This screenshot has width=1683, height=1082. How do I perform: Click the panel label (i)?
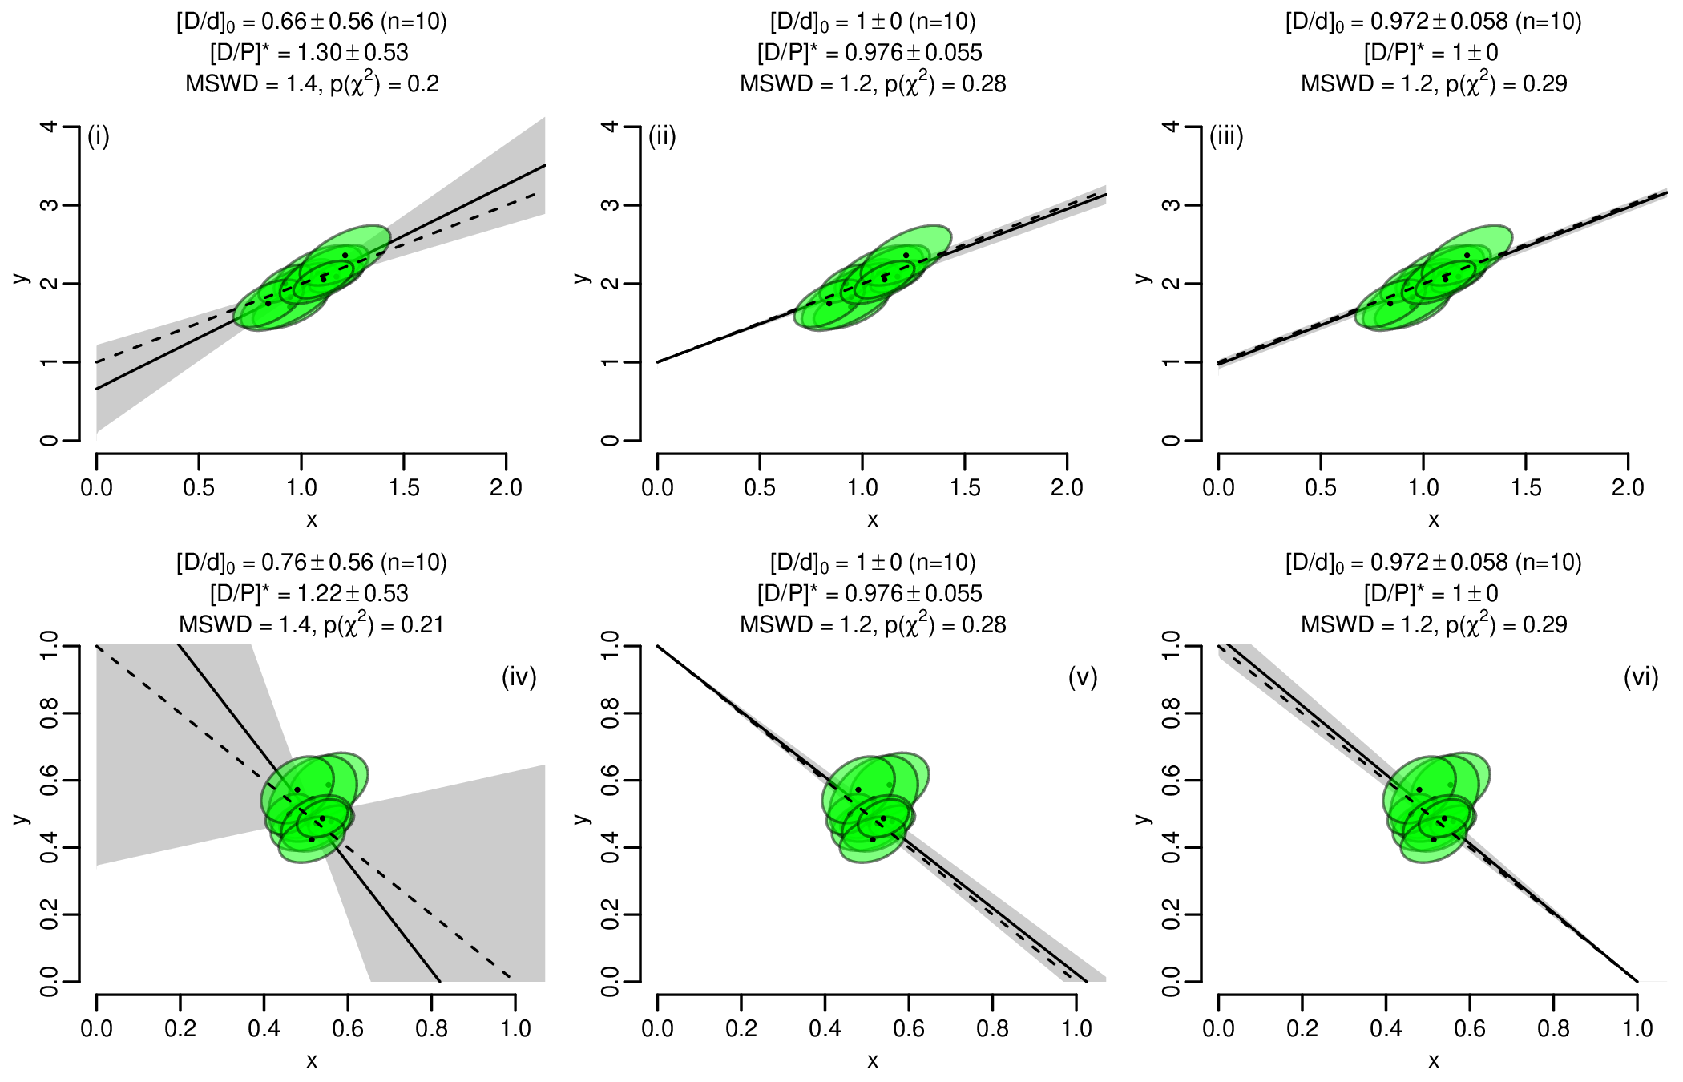pyautogui.click(x=99, y=137)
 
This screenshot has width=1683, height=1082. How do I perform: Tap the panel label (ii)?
pyautogui.click(x=662, y=137)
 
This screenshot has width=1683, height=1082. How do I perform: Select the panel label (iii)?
pyautogui.click(x=1226, y=137)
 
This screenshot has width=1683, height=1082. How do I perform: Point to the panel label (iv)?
pyautogui.click(x=519, y=678)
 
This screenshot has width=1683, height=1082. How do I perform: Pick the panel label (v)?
pyautogui.click(x=1083, y=678)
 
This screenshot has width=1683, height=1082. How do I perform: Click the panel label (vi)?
pyautogui.click(x=1641, y=678)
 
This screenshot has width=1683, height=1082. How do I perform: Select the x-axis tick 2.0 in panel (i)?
pyautogui.click(x=506, y=487)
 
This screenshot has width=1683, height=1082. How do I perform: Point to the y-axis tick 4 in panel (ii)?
pyautogui.click(x=610, y=127)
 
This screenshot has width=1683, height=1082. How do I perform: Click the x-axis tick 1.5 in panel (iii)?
pyautogui.click(x=1526, y=487)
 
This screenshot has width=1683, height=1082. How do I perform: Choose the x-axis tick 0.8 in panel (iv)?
pyautogui.click(x=431, y=1028)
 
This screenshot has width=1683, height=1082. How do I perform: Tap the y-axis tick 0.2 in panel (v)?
pyautogui.click(x=610, y=914)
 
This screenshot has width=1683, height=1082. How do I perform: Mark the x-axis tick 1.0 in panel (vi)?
pyautogui.click(x=1637, y=1028)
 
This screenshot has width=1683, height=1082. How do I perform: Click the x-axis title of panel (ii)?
pyautogui.click(x=873, y=520)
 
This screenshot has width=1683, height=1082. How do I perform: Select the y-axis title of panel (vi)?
pyautogui.click(x=1144, y=818)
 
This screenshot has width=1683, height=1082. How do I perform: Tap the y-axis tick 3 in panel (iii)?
pyautogui.click(x=1171, y=205)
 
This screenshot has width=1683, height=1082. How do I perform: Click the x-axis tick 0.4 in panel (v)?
pyautogui.click(x=825, y=1028)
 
